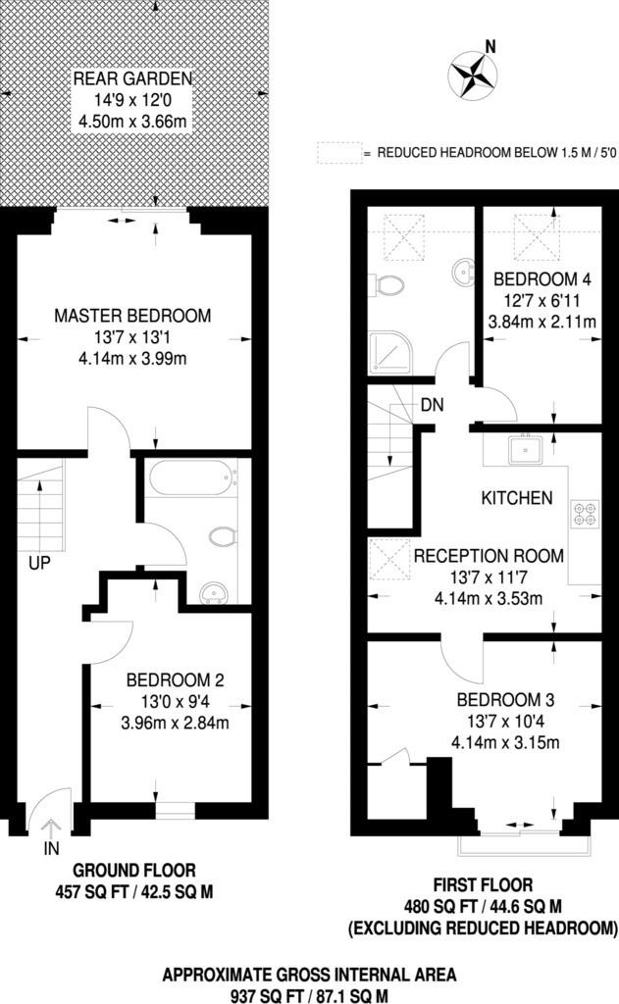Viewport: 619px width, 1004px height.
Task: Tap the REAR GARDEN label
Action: [132, 77]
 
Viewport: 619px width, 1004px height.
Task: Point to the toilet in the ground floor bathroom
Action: [225, 537]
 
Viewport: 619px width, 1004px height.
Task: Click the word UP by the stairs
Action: [39, 565]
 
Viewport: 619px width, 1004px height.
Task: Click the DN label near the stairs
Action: [432, 404]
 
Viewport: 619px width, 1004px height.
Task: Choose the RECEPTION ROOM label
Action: [488, 556]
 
